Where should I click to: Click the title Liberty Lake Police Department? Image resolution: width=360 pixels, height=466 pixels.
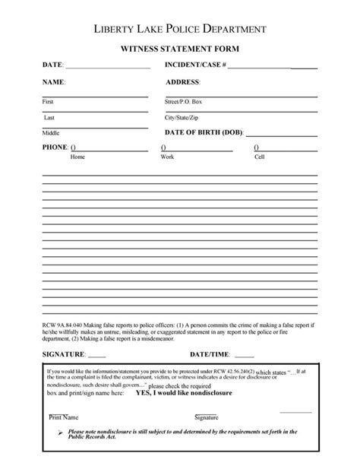(179, 28)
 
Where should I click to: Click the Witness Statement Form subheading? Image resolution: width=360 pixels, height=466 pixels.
(179, 48)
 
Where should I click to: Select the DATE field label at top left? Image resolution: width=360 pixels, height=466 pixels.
(52, 65)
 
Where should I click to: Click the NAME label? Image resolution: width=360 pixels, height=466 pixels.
(53, 81)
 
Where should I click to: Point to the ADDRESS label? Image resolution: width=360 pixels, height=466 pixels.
(182, 81)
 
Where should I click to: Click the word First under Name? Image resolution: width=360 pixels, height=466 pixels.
(48, 101)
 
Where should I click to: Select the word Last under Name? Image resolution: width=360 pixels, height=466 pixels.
(49, 118)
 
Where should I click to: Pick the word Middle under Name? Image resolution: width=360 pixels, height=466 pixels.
(50, 133)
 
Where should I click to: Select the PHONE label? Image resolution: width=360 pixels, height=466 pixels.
(55, 147)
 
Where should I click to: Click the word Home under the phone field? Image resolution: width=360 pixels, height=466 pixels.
(77, 157)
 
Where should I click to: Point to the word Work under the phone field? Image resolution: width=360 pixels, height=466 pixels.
(167, 157)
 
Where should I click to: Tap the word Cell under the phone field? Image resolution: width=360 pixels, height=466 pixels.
(259, 157)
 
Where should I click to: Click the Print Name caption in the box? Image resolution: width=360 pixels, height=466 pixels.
(64, 417)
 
